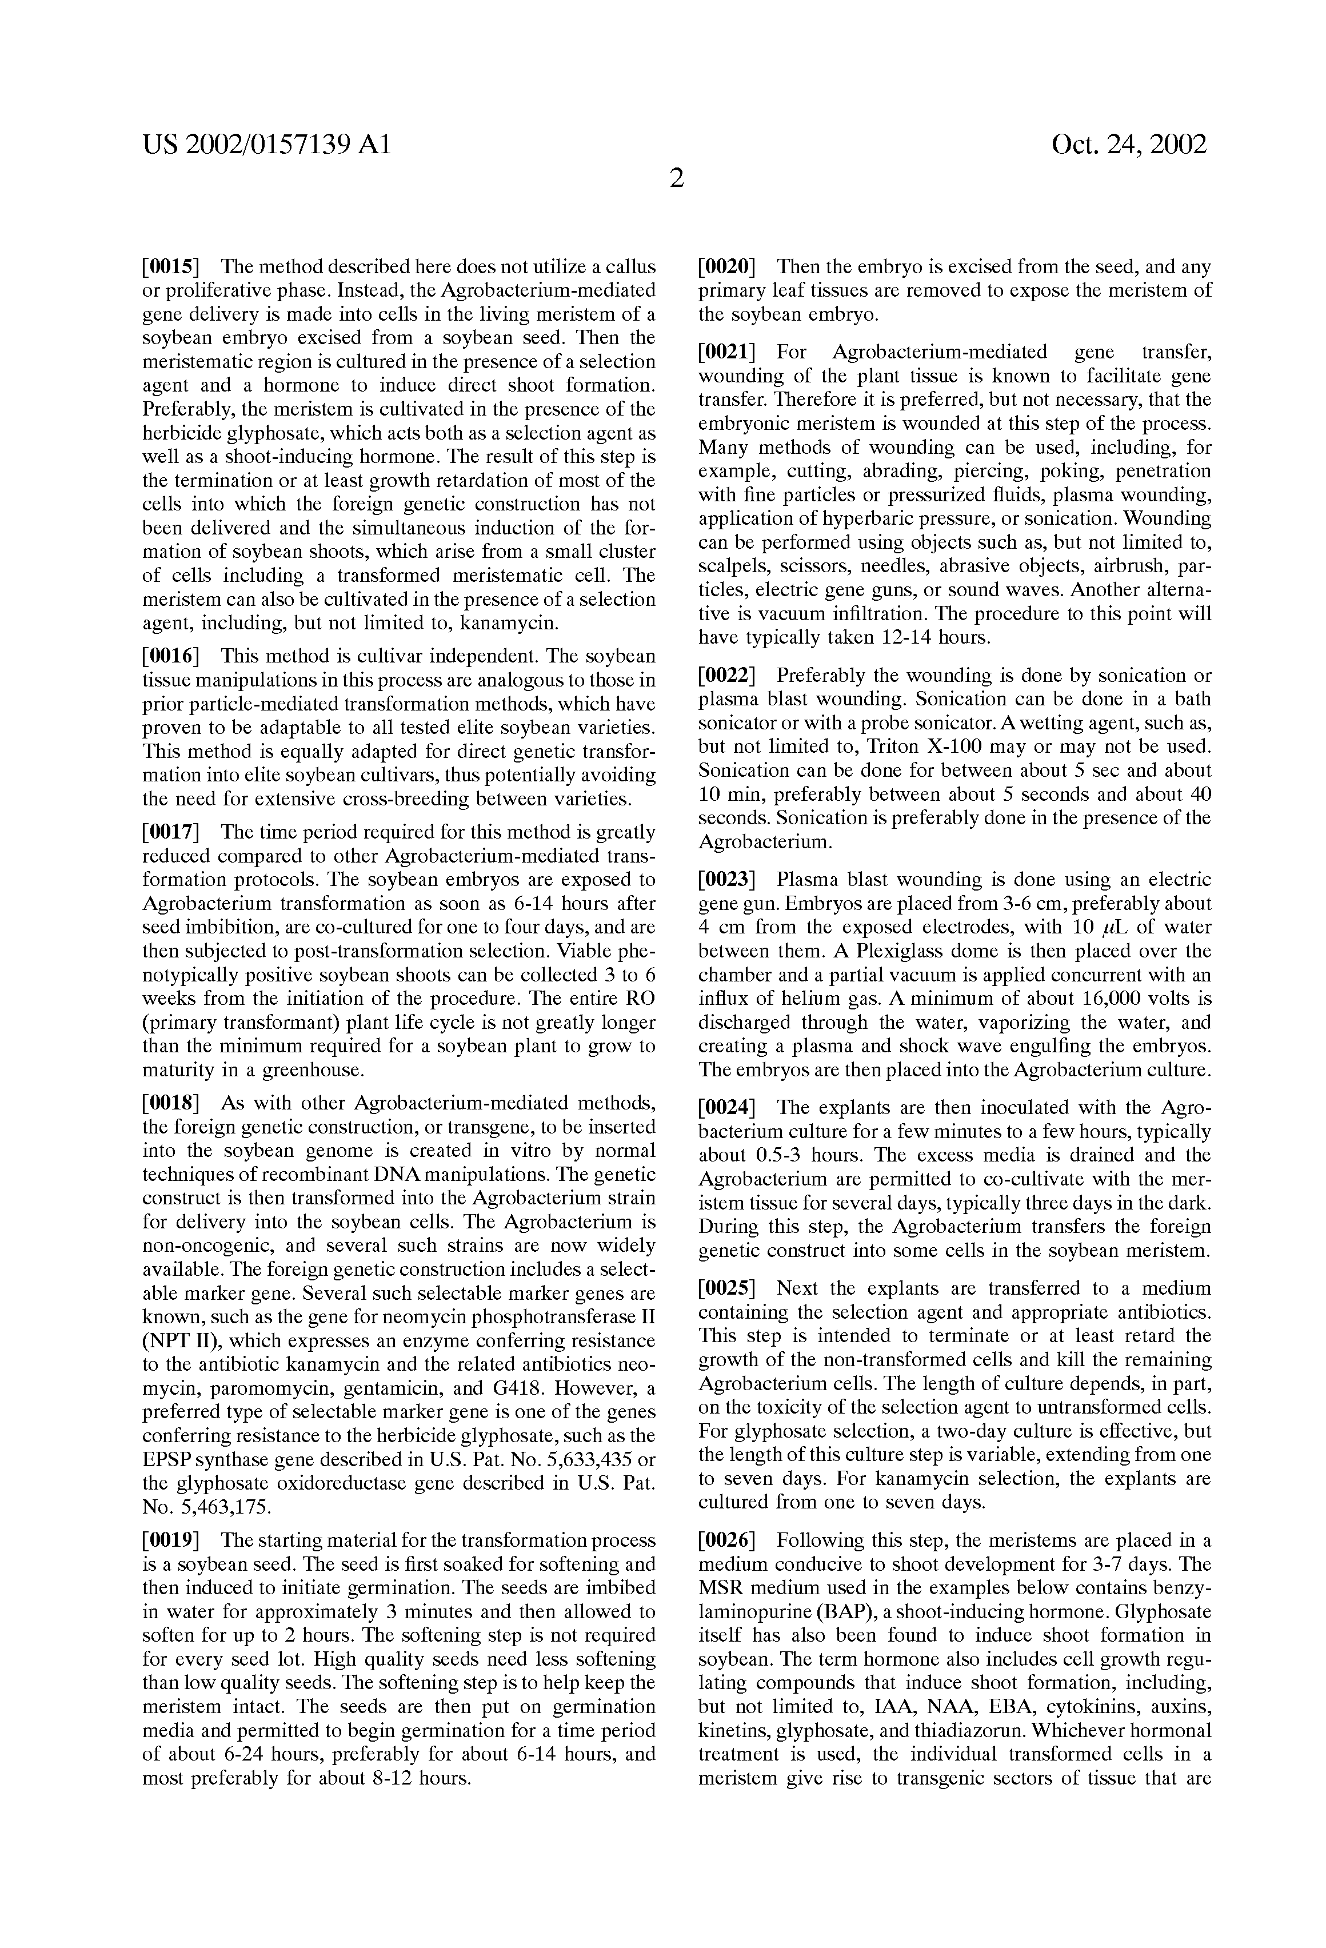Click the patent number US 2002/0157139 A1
point(266,146)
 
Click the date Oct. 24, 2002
point(1128,145)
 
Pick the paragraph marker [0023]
point(728,880)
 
